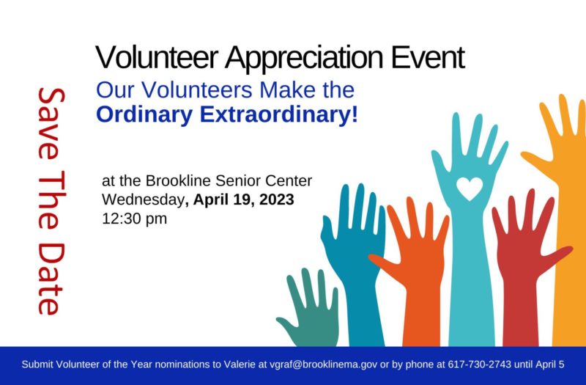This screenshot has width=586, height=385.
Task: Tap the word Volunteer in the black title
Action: [157, 57]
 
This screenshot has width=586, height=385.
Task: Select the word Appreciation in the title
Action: [304, 59]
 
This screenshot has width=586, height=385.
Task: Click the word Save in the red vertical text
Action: [51, 123]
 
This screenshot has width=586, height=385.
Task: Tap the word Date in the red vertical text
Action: [51, 279]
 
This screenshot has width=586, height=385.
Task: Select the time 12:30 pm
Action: [134, 219]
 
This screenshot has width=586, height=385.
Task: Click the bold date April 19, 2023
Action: [243, 199]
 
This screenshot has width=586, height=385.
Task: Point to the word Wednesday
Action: [143, 199]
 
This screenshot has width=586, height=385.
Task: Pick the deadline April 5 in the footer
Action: [550, 364]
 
